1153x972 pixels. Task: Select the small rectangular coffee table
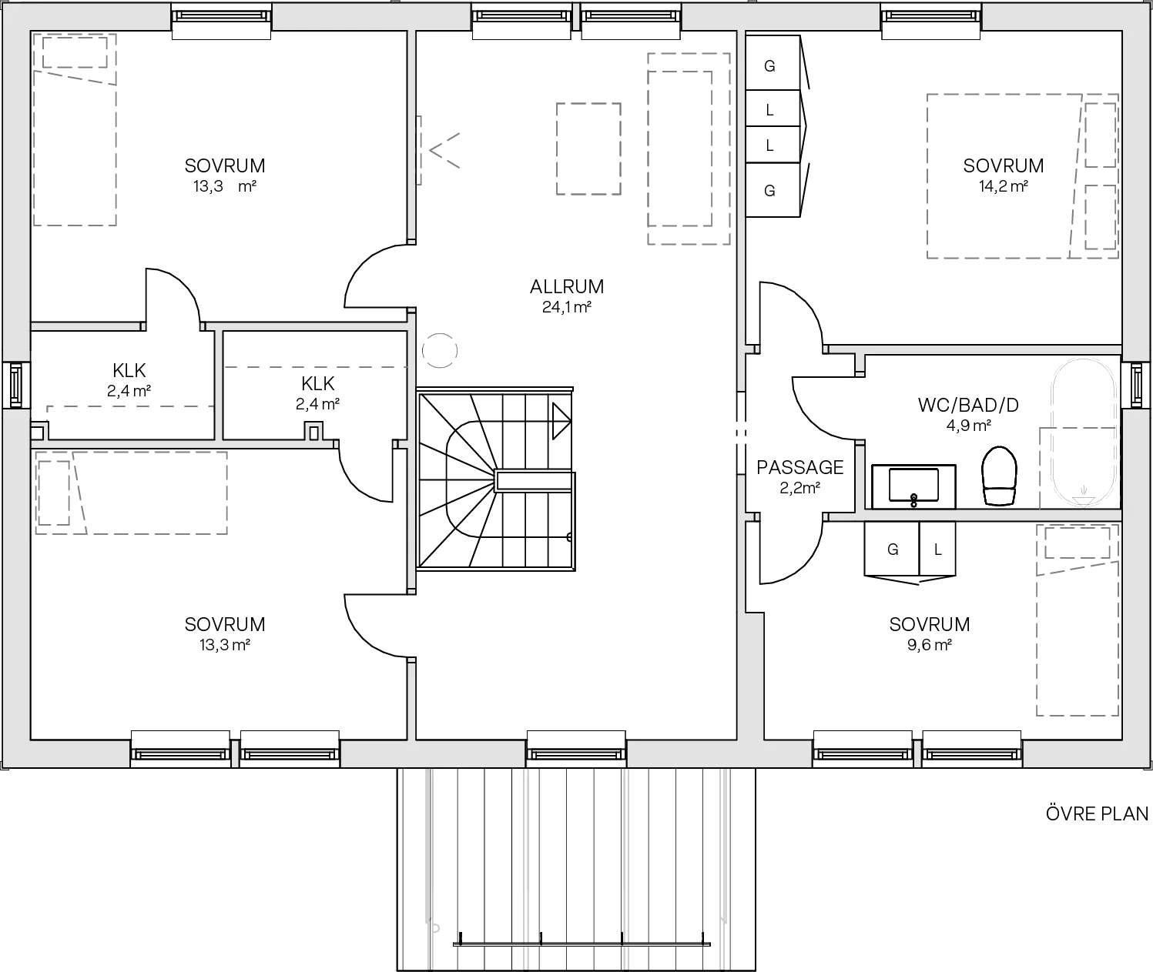click(x=588, y=147)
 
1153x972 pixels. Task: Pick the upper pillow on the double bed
click(x=1100, y=135)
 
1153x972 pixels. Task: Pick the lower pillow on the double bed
click(x=1100, y=219)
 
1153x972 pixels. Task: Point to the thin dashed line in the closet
click(x=316, y=366)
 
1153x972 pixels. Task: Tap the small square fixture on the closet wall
click(x=313, y=432)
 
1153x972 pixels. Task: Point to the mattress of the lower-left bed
click(x=154, y=493)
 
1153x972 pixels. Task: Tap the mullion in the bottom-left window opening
click(x=234, y=754)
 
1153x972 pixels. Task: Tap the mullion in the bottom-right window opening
click(x=918, y=754)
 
